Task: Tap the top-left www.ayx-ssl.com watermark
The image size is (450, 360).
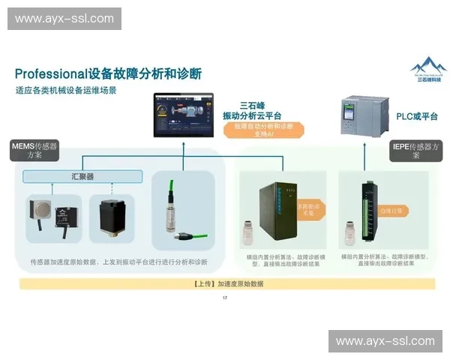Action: click(x=66, y=18)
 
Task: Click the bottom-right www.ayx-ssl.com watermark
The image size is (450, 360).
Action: click(x=384, y=341)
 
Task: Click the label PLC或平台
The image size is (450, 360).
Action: click(x=416, y=116)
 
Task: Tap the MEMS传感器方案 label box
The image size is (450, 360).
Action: click(x=34, y=151)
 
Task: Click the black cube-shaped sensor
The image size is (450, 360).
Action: click(x=110, y=216)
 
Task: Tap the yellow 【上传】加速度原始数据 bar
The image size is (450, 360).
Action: click(x=226, y=284)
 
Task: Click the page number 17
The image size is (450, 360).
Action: click(x=225, y=298)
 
